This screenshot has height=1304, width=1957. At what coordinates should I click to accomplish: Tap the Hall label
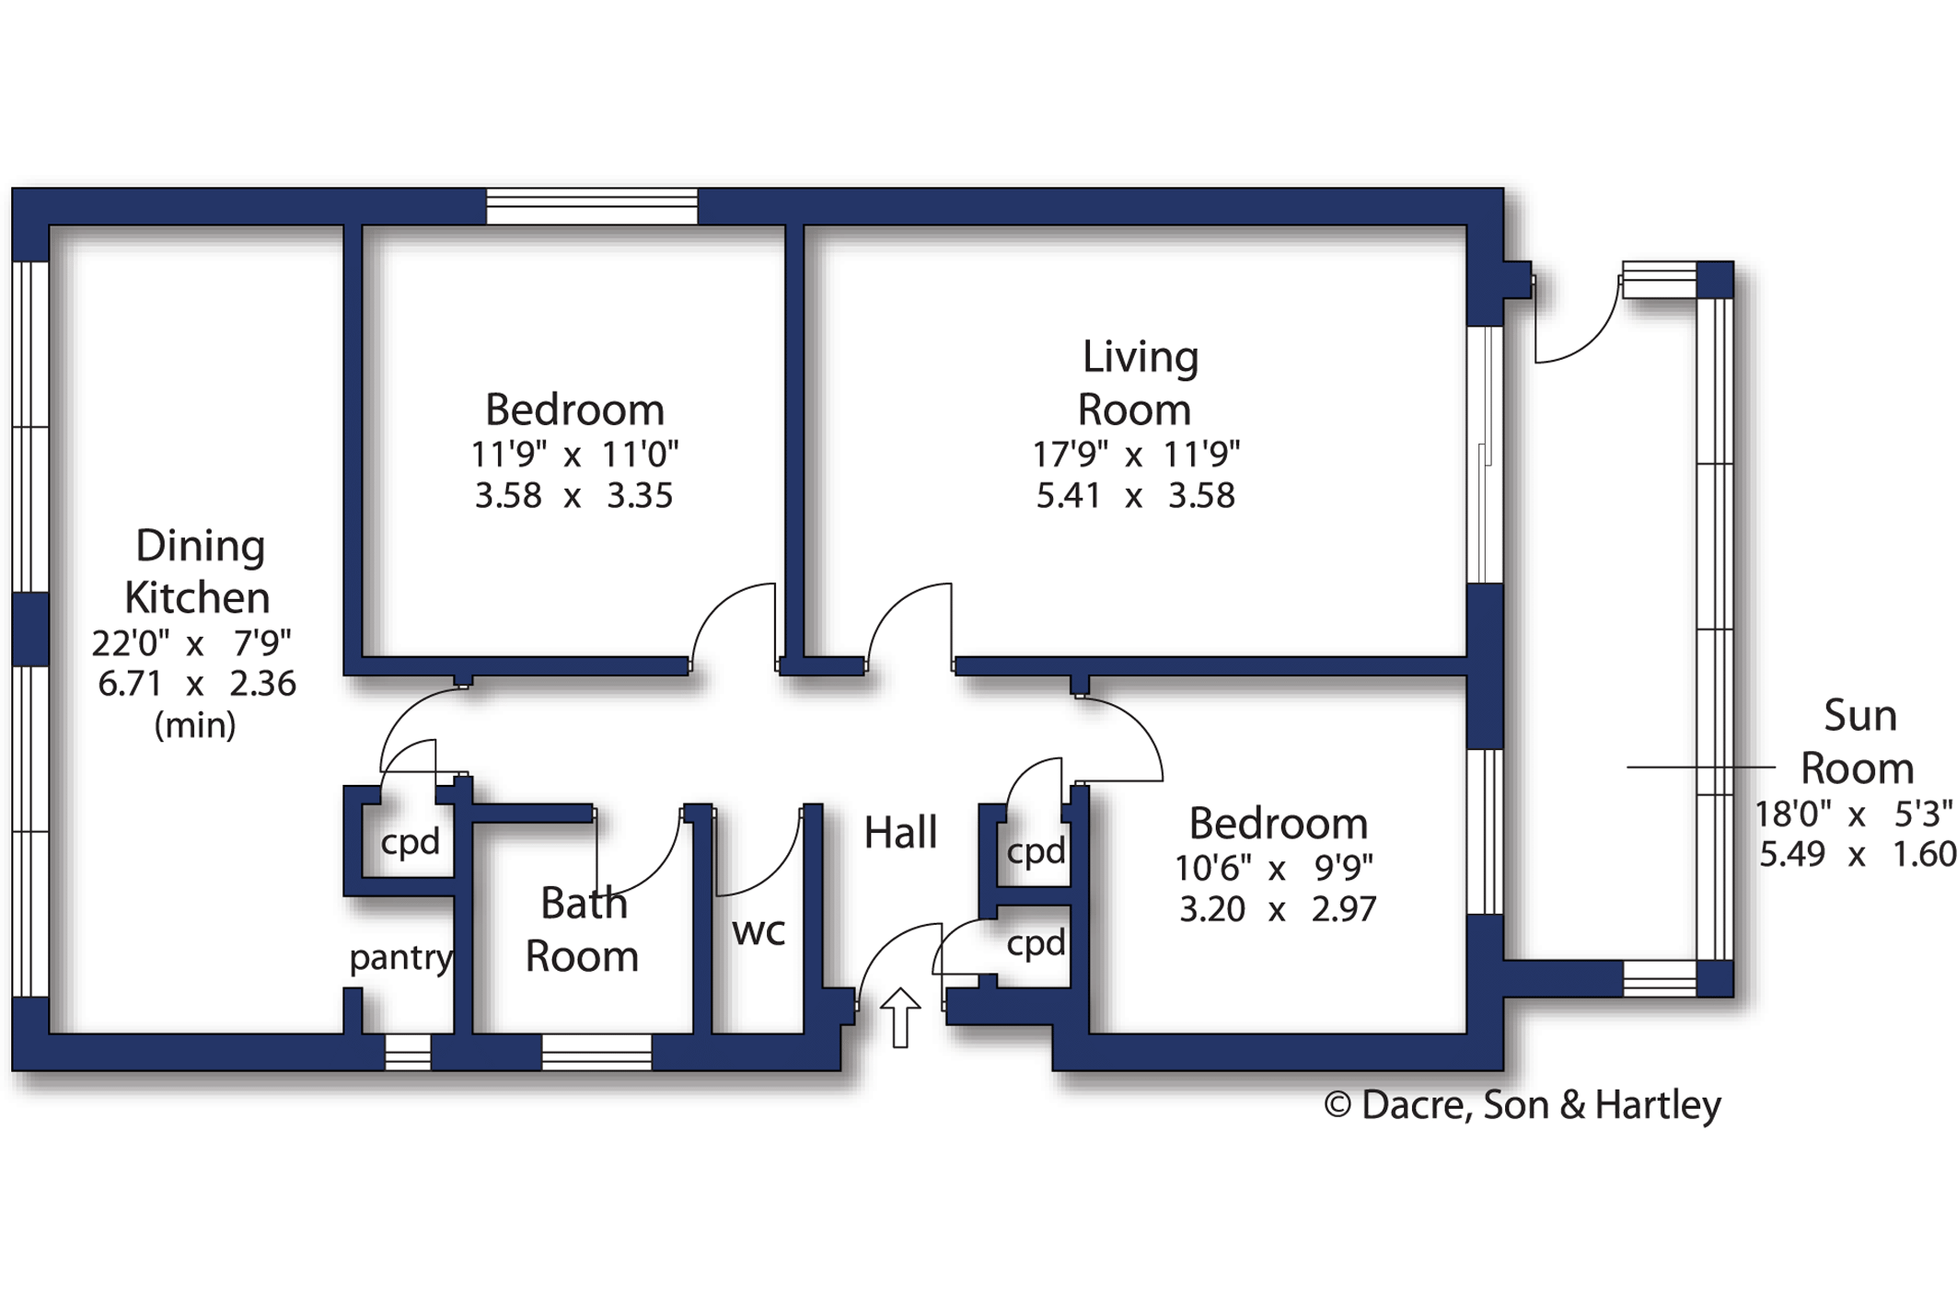(900, 833)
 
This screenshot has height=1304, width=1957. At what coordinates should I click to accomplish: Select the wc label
(758, 932)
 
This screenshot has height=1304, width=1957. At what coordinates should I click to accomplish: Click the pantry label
(401, 959)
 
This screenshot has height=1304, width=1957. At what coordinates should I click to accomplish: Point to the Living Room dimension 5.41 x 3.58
(1136, 496)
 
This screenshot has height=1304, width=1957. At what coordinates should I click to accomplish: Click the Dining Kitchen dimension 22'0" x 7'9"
(191, 642)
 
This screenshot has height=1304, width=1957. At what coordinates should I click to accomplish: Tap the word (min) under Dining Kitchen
(195, 726)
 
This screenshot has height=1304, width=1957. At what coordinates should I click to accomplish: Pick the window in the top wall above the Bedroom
(592, 206)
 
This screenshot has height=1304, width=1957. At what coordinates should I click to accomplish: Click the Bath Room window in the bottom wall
(596, 1053)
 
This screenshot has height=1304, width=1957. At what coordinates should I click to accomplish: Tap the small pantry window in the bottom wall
(407, 1053)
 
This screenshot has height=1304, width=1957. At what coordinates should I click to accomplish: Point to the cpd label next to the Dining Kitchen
(410, 842)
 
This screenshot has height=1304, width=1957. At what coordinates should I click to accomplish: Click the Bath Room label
(582, 930)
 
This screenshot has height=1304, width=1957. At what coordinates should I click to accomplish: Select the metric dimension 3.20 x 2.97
(1278, 909)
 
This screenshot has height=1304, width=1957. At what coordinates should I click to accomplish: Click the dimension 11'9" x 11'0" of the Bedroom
(574, 455)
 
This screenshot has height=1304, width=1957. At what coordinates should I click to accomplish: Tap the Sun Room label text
(1858, 742)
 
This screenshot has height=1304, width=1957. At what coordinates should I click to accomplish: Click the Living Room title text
(1138, 383)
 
